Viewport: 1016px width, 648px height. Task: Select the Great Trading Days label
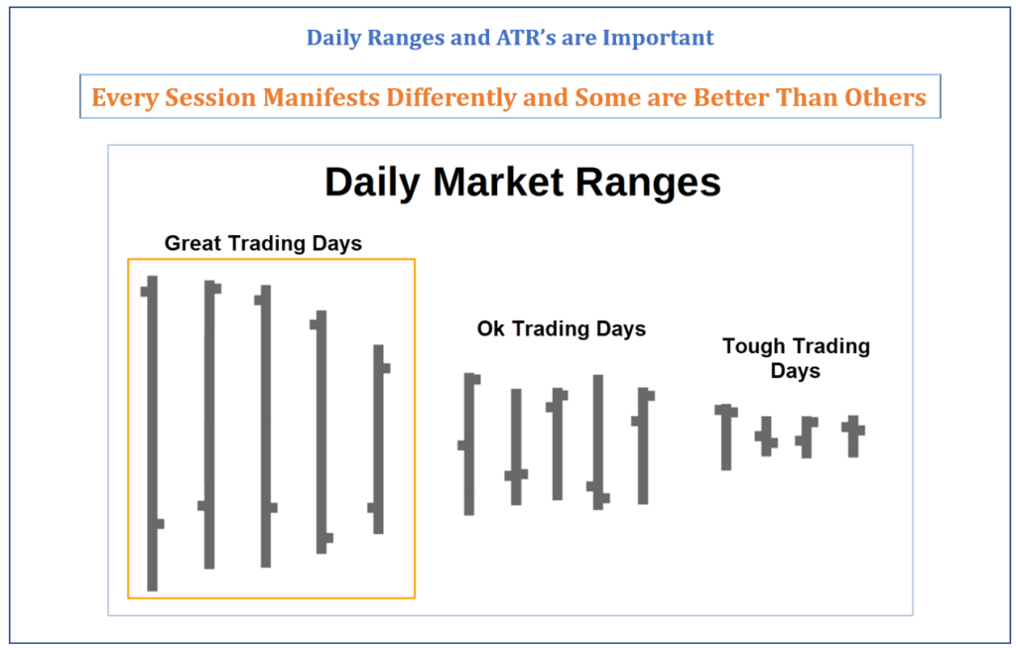tap(263, 243)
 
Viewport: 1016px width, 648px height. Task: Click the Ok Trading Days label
tap(562, 328)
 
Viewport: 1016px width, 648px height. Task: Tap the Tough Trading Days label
tap(796, 358)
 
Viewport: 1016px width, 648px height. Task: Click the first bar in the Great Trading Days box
tap(152, 433)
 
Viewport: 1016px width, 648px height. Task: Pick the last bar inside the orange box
tap(378, 439)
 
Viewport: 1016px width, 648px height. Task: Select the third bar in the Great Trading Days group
tap(265, 426)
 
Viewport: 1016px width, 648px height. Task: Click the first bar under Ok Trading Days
tap(469, 444)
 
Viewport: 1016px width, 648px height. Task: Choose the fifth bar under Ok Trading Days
tap(643, 446)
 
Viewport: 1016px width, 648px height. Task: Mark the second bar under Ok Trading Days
tap(516, 447)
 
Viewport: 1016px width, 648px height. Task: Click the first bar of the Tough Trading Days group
tap(726, 437)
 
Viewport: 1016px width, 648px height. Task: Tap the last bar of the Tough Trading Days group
tap(853, 436)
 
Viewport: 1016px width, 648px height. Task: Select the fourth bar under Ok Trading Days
tap(598, 442)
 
